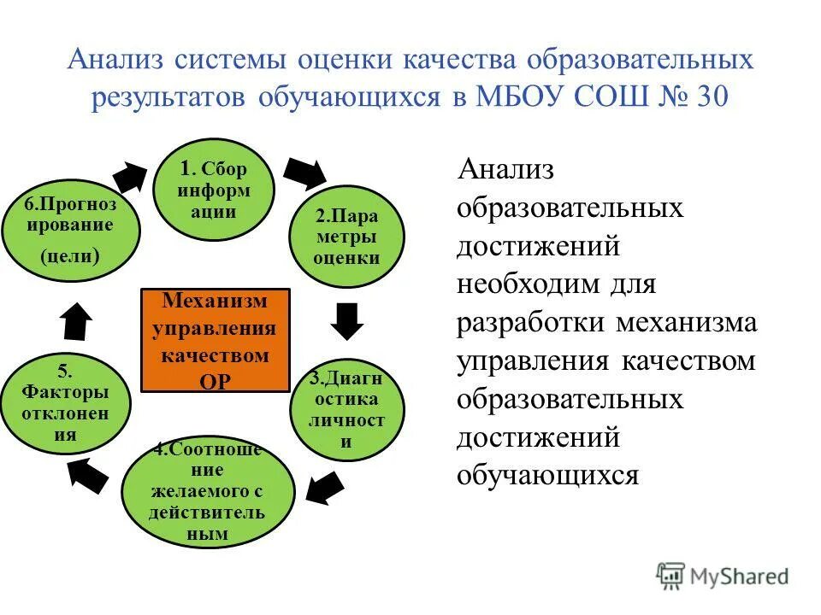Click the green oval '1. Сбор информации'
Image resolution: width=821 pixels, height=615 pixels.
pos(213,190)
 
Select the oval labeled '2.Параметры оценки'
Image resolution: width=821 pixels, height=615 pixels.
pos(346,236)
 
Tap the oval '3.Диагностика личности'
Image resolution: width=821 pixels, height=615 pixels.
pos(346,409)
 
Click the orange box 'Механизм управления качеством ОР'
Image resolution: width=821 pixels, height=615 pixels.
pos(216,341)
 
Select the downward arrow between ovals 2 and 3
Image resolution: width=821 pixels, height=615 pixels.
pos(347,319)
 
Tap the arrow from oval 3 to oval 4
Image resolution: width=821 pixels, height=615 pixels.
pos(325,489)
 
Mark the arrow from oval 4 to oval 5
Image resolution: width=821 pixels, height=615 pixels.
pos(88,474)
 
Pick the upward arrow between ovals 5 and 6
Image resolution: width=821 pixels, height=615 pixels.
pos(76,323)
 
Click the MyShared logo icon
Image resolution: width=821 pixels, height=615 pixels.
pos(670,576)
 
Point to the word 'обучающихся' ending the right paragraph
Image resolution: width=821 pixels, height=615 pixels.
pos(547,475)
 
